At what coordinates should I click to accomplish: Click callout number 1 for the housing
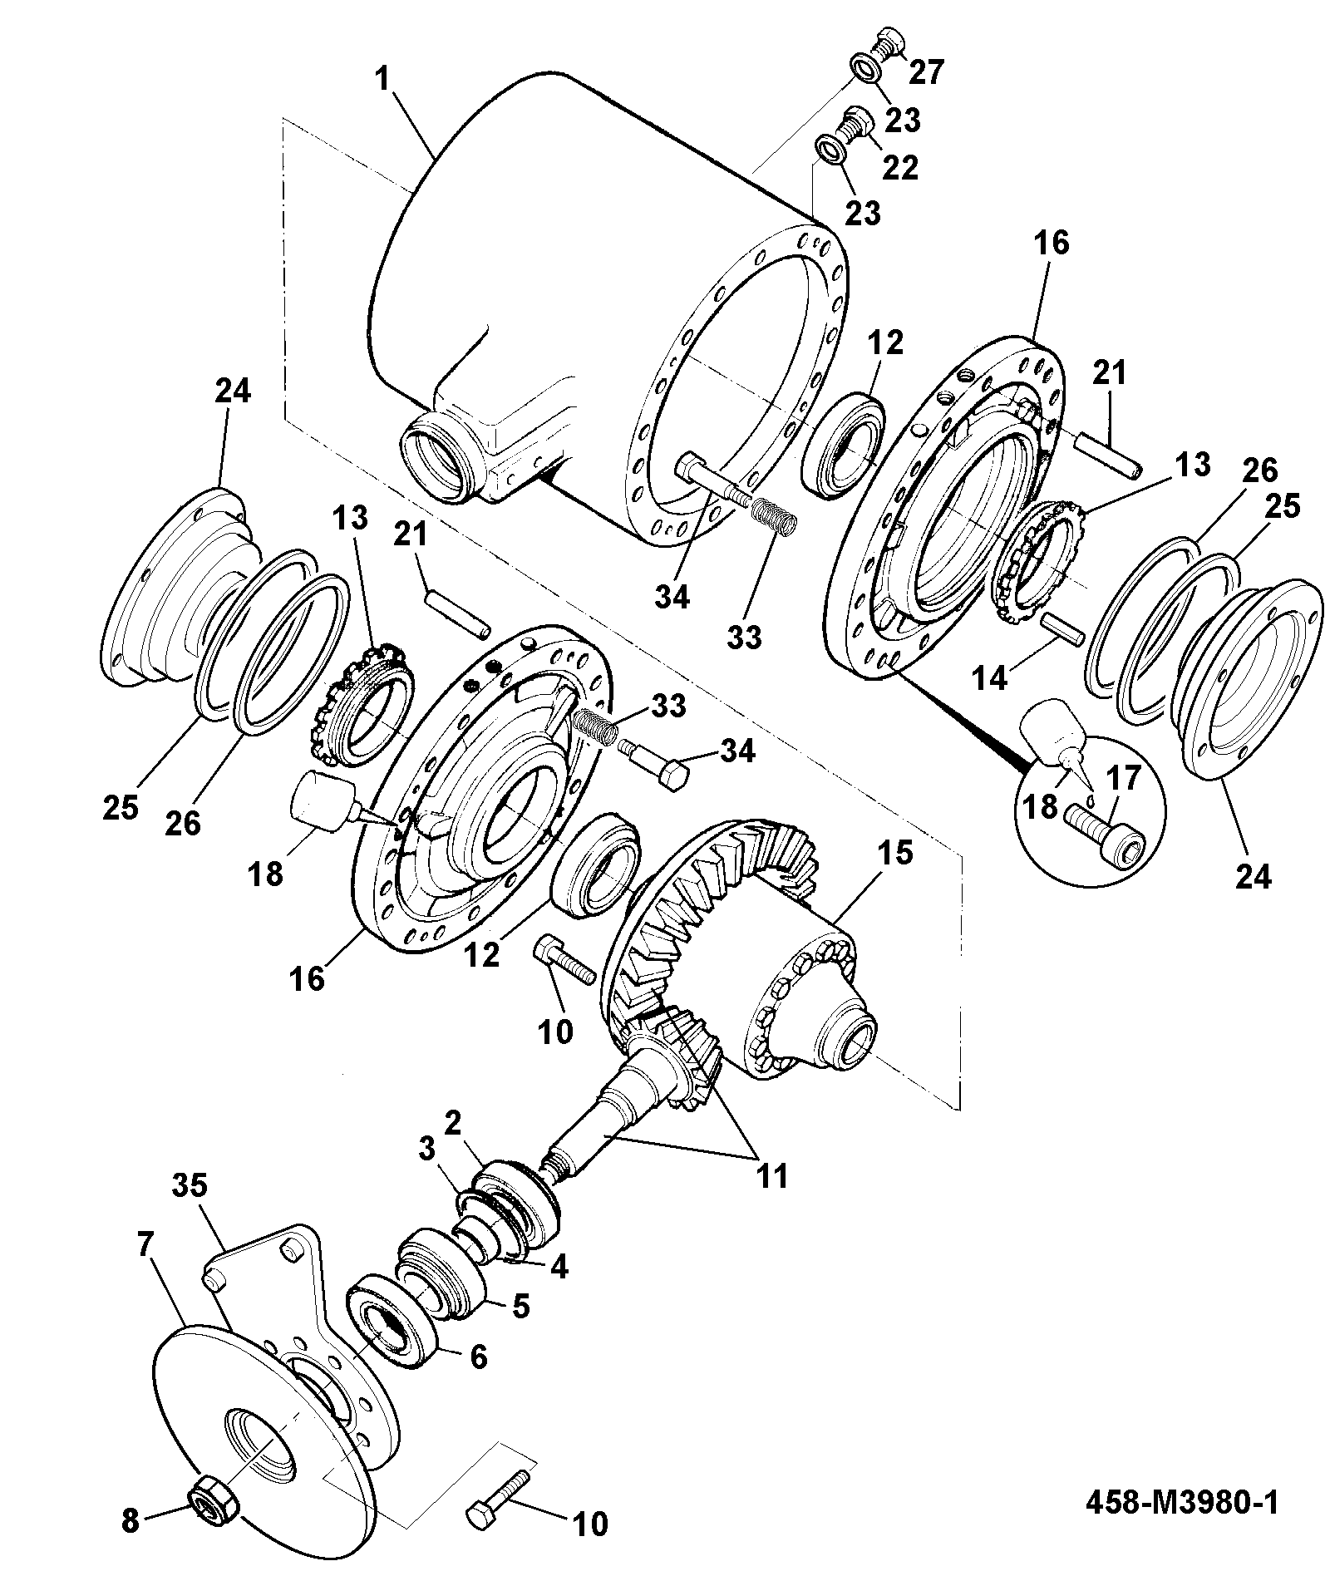pyautogui.click(x=382, y=81)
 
